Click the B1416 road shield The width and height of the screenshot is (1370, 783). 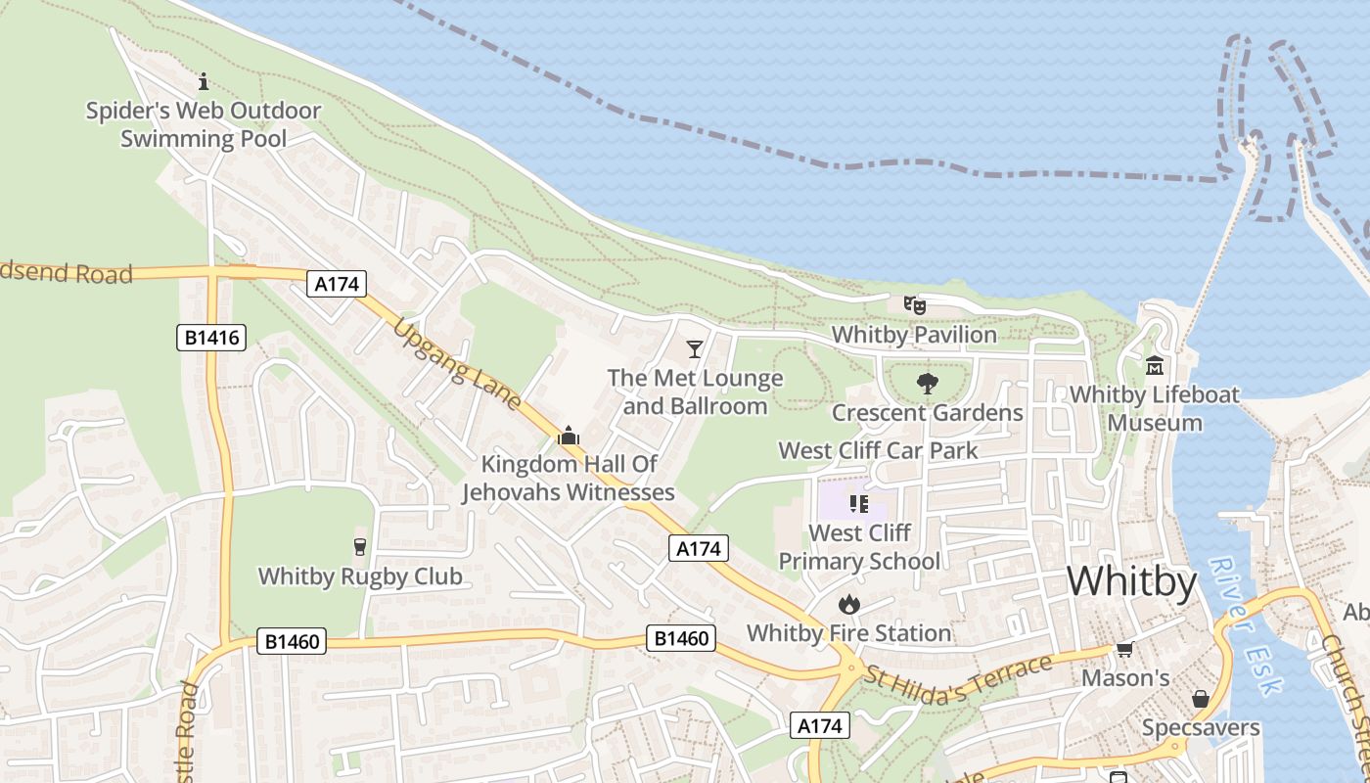click(x=210, y=339)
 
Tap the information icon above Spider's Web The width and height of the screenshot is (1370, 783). click(x=204, y=81)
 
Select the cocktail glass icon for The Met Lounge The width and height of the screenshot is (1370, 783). click(x=695, y=349)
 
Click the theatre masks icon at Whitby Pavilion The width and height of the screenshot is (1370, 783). click(x=914, y=305)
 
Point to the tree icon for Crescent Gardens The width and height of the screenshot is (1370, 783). click(x=927, y=384)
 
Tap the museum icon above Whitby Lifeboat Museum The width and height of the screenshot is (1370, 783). click(x=1155, y=366)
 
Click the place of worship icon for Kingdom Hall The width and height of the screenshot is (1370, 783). click(x=568, y=436)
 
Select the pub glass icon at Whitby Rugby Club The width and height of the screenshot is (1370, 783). click(x=359, y=547)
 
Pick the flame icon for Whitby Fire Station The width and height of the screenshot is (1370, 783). click(x=848, y=605)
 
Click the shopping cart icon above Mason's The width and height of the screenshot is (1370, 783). click(x=1125, y=650)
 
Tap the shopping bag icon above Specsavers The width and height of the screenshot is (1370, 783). click(x=1201, y=699)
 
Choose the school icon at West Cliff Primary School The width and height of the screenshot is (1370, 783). click(x=858, y=504)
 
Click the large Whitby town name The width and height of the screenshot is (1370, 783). click(x=1131, y=582)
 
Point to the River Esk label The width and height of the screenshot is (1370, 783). click(x=1243, y=626)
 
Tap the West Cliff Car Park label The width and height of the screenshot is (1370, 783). click(x=878, y=451)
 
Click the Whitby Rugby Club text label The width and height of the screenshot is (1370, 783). click(x=360, y=576)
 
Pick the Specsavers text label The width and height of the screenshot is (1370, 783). click(x=1201, y=728)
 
